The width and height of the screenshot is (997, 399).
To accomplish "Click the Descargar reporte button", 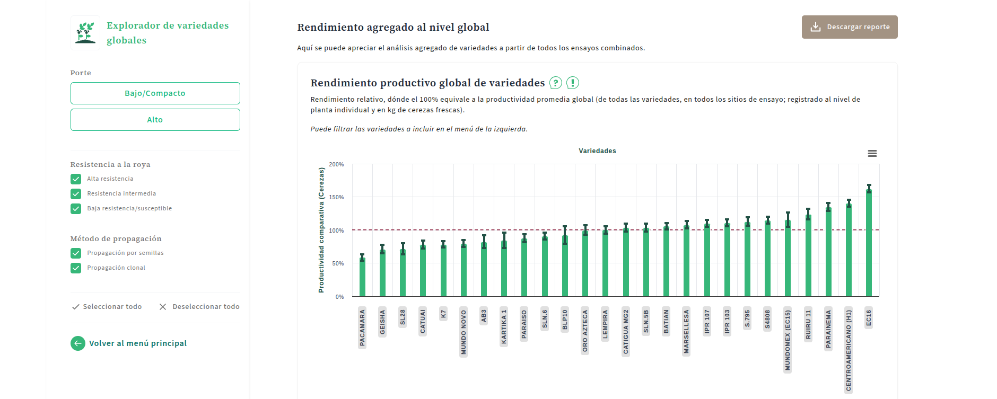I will click(849, 27).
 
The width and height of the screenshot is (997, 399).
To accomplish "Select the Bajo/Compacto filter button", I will click(155, 93).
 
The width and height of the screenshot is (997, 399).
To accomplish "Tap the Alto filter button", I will click(155, 120).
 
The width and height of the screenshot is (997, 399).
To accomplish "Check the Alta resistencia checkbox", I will click(76, 179).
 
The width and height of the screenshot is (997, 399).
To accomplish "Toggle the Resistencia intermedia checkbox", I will click(76, 194).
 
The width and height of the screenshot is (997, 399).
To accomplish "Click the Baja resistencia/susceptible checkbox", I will click(76, 209).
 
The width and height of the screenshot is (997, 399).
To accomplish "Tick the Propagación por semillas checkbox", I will click(76, 253).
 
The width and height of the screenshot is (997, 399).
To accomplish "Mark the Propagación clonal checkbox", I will click(76, 268).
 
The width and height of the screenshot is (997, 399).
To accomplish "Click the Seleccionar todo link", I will click(107, 307).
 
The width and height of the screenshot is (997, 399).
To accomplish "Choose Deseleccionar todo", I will click(199, 307).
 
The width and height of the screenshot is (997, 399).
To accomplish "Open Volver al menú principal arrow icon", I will click(78, 343).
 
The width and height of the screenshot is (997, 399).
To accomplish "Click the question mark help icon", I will click(555, 83).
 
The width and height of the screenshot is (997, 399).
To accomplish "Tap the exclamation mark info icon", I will click(573, 83).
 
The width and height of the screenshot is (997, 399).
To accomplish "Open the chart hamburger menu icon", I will click(872, 154).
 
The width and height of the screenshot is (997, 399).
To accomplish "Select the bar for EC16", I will click(869, 244).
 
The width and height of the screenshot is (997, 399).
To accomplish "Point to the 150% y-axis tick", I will click(336, 197).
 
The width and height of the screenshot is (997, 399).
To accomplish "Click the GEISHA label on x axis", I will click(382, 322).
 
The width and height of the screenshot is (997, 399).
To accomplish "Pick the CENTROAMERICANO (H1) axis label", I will click(849, 350).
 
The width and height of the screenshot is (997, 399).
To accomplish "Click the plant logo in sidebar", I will click(85, 33).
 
